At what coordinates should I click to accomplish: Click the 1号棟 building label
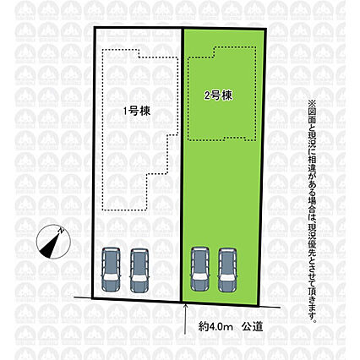point(137,111)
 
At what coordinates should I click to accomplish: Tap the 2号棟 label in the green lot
point(219,95)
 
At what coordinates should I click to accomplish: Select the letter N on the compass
point(61,231)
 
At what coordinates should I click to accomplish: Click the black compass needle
point(52,244)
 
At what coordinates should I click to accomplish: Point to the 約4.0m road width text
point(215,327)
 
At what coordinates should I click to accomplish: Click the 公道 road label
point(252,327)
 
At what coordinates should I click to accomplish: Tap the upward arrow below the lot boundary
point(185,319)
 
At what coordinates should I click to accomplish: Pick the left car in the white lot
point(111,269)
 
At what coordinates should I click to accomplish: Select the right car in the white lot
point(139,270)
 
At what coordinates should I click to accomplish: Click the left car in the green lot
point(200,269)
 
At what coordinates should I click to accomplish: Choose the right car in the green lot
point(227,270)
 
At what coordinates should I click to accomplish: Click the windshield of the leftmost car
point(111,277)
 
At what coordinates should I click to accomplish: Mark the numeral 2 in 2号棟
point(207,96)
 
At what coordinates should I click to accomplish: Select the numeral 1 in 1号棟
point(125,112)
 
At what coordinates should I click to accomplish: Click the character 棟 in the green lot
point(227,95)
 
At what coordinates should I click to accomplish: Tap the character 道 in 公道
point(258,327)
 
